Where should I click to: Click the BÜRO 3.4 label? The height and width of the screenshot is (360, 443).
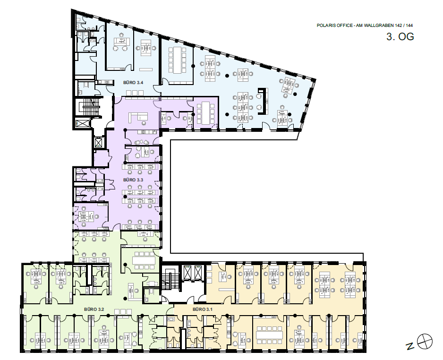click(133, 83)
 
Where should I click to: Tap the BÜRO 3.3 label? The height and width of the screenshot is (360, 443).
click(133, 180)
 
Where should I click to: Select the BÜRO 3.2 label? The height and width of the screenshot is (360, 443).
click(94, 309)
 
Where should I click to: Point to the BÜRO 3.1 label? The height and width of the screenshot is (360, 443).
click(202, 309)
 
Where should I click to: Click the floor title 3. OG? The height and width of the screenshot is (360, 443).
click(400, 37)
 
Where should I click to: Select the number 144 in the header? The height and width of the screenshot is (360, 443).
click(409, 26)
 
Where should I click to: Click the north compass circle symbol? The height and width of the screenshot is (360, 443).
click(425, 342)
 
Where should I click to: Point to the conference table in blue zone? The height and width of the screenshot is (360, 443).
click(178, 60)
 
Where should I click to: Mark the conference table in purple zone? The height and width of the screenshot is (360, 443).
click(205, 113)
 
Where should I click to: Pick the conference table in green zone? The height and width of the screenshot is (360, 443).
click(144, 260)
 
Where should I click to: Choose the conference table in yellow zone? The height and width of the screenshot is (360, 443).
click(269, 335)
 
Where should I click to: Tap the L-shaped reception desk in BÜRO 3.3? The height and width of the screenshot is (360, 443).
click(138, 116)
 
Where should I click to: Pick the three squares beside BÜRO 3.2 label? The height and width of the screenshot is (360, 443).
click(123, 312)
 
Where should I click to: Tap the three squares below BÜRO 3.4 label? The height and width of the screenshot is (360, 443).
click(135, 93)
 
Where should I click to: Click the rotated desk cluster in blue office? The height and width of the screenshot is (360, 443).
click(288, 86)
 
